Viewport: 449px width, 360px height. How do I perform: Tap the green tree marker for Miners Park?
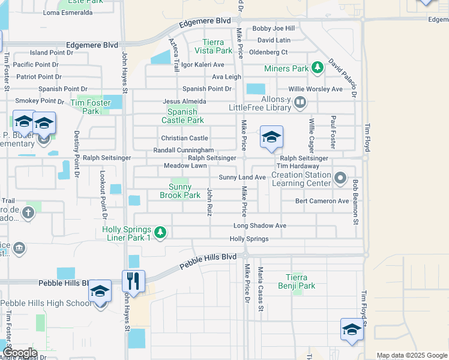317,68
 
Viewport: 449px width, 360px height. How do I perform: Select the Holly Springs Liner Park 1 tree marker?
160,232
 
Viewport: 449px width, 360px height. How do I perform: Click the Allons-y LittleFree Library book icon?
299,103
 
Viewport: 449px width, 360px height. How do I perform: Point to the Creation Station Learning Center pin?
340,178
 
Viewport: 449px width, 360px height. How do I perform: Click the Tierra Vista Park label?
213,46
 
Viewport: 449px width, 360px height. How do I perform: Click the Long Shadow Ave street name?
259,226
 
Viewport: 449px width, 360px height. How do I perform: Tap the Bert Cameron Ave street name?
322,201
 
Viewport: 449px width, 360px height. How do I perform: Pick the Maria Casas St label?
261,289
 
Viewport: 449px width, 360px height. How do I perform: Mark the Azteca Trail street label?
174,53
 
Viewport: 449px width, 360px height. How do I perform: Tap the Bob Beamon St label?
355,202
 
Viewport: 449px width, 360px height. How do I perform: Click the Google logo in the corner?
19,353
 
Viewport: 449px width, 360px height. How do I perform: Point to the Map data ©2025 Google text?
411,355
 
